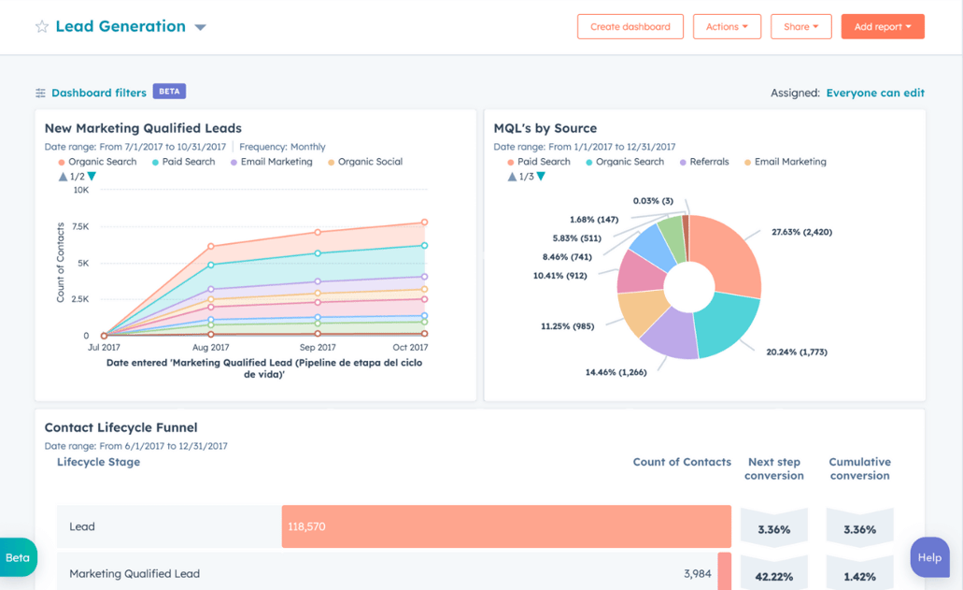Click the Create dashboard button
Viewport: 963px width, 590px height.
(630, 27)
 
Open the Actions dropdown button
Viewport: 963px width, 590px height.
(727, 27)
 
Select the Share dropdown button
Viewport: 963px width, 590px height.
(800, 27)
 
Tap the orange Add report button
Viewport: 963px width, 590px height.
(882, 27)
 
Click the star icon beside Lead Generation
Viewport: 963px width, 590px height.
(42, 27)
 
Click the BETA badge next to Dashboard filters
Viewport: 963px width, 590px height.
(169, 92)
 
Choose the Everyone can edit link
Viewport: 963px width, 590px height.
(875, 93)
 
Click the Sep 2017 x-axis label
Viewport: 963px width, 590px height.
(318, 348)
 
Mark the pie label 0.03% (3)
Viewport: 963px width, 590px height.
(653, 201)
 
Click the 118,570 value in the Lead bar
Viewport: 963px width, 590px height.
(306, 527)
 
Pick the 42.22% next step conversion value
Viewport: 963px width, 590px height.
(773, 577)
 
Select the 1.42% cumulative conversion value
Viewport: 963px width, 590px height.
(859, 577)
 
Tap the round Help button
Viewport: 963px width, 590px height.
(929, 557)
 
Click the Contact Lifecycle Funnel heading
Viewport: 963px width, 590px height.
(120, 427)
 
